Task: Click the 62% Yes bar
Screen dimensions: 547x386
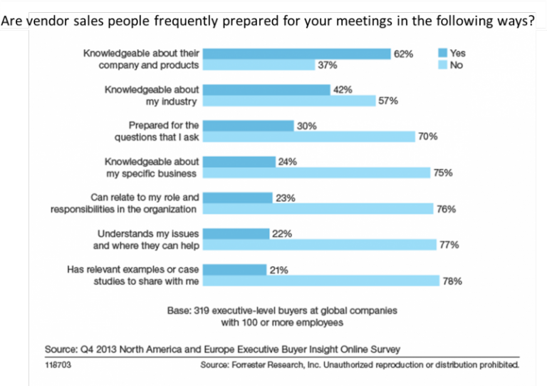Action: point(296,54)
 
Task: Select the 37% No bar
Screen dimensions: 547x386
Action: point(259,65)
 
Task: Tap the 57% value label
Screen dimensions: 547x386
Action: point(388,101)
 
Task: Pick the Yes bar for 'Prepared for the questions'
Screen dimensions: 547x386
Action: point(249,126)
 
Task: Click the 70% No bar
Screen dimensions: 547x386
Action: point(309,136)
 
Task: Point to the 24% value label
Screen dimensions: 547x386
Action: point(288,162)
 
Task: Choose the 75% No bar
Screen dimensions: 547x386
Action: point(316,173)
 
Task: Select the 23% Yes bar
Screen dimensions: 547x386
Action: point(238,198)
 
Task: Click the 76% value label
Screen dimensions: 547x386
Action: point(446,209)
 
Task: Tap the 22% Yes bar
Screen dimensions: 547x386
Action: point(236,234)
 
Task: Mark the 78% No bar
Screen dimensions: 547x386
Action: point(321,280)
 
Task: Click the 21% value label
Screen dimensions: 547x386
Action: point(278,270)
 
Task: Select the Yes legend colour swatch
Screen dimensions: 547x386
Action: point(443,53)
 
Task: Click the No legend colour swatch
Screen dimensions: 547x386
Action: point(443,65)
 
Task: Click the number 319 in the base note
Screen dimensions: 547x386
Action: point(202,310)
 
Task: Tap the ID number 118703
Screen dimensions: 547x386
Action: point(58,365)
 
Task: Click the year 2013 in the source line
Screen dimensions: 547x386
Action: point(106,350)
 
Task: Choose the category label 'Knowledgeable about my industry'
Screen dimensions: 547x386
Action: point(152,96)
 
